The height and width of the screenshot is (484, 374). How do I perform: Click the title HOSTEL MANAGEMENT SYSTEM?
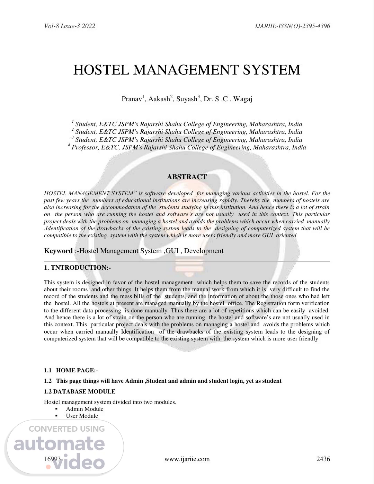[x=187, y=70]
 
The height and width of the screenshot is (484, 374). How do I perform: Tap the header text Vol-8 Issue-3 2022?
[x=70, y=26]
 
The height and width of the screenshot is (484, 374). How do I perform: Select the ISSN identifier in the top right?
[x=292, y=26]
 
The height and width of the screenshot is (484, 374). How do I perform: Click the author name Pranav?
[x=132, y=99]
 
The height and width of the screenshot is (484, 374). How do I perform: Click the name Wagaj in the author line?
[x=243, y=99]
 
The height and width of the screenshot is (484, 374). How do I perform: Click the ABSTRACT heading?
[x=187, y=177]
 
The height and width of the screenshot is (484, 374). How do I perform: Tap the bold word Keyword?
[x=58, y=251]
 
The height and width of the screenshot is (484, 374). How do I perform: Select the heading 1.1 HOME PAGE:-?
[x=71, y=371]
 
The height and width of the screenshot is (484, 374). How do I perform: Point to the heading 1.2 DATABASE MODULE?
[x=80, y=391]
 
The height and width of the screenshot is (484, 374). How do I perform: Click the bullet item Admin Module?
[x=84, y=409]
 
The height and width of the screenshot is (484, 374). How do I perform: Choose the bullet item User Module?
[x=82, y=416]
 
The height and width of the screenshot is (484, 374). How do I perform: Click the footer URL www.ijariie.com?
[x=187, y=459]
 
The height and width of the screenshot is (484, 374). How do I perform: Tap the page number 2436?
[x=323, y=459]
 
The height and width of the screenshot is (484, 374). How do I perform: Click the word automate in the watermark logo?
[x=59, y=444]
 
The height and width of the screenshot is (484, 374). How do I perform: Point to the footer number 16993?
[x=52, y=459]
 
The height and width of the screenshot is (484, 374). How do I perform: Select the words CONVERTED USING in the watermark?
[x=66, y=429]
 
